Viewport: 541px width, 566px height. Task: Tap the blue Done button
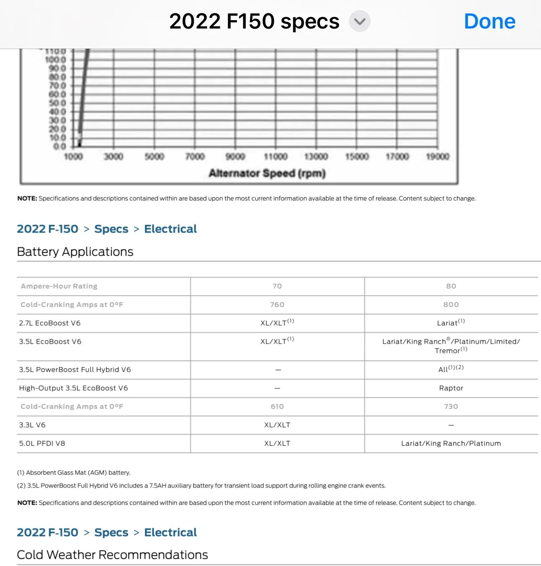coord(489,21)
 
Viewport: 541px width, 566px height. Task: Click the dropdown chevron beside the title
coord(359,21)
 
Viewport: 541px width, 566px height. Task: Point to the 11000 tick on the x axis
coord(276,157)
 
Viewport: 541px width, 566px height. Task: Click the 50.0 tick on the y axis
coord(57,103)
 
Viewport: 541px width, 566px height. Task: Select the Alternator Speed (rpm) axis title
coord(267,173)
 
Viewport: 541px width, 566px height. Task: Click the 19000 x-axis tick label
coord(437,157)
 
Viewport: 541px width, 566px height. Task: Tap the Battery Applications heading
coord(75,252)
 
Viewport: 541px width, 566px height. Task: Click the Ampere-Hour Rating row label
coord(59,286)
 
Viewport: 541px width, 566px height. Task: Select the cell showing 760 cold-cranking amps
coord(277,305)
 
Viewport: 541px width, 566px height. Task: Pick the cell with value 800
coord(451,305)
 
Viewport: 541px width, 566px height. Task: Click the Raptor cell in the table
coord(451,388)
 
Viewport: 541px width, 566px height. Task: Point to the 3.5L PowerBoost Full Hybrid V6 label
coord(75,370)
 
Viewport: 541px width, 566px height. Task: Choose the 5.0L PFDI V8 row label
coord(42,444)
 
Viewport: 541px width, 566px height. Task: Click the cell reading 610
coord(277,407)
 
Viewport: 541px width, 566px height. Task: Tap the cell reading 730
coord(451,407)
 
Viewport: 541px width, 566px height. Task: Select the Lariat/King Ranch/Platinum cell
coord(451,444)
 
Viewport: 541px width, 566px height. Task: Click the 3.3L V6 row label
coord(32,425)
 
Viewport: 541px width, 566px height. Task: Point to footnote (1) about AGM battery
coord(74,473)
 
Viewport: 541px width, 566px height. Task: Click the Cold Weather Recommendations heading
coord(112,555)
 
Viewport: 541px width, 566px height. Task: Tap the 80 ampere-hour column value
coord(451,286)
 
